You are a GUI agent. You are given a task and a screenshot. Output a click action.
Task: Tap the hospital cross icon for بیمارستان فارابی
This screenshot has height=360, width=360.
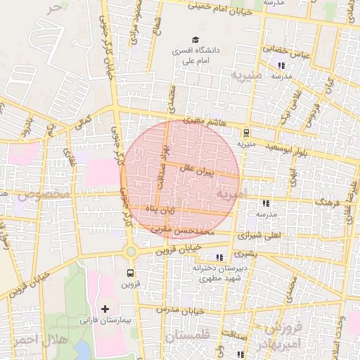[105, 309]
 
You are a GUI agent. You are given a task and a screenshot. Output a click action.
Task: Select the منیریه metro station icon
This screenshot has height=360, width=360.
[246, 131]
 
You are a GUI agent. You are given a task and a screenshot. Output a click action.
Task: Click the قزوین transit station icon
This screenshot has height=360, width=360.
[129, 272]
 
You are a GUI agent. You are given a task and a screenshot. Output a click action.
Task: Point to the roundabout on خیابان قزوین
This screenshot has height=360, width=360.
[129, 251]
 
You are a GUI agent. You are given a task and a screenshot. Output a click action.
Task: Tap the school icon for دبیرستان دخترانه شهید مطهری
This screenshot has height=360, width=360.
[220, 257]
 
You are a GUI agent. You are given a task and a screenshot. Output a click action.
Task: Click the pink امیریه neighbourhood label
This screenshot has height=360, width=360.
[230, 193]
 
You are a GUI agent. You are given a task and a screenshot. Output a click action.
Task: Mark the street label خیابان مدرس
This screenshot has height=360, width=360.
[180, 310]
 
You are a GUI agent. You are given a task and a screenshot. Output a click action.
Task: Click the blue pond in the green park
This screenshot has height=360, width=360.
[82, 349]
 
